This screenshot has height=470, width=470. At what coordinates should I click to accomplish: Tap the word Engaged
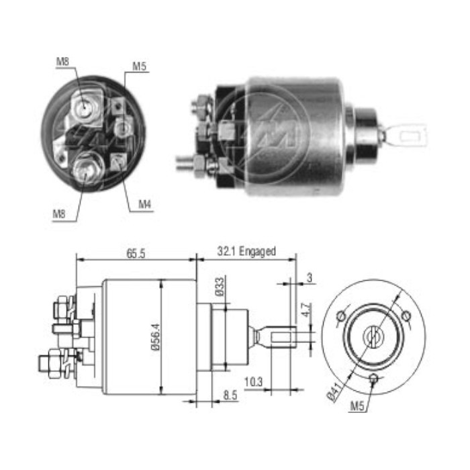click(x=258, y=251)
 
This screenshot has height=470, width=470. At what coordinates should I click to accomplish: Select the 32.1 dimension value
click(x=227, y=251)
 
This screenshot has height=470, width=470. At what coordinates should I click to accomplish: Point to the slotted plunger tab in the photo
click(x=407, y=136)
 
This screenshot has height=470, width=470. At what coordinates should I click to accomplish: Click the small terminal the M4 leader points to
click(x=120, y=161)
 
